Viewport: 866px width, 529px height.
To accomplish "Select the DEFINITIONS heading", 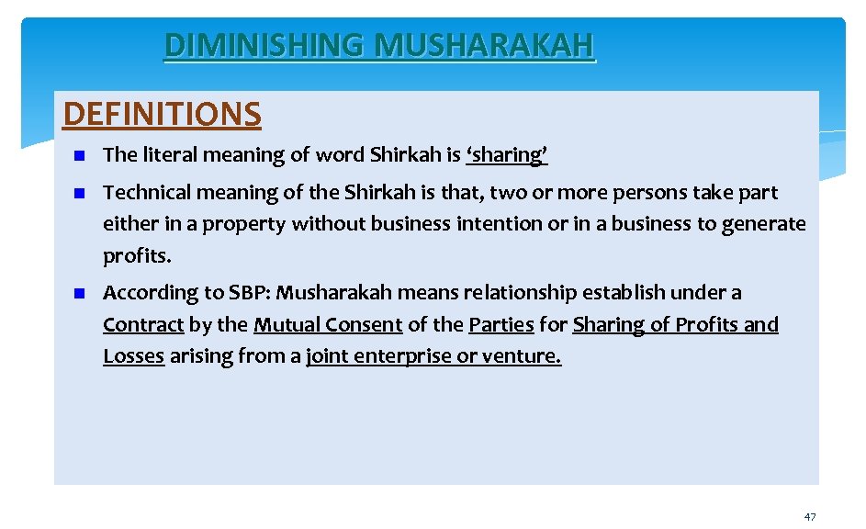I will [163, 114].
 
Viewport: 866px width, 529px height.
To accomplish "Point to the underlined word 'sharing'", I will [507, 155].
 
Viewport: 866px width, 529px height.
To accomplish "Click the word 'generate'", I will [765, 224].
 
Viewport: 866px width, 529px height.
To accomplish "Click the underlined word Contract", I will [143, 325].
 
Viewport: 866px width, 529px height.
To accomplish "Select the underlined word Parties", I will [500, 325].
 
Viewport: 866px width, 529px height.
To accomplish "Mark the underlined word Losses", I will [133, 356].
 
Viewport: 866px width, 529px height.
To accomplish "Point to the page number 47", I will [809, 517].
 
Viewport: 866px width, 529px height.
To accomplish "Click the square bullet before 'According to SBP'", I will [80, 294].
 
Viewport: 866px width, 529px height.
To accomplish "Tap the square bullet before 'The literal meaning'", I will [80, 155].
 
